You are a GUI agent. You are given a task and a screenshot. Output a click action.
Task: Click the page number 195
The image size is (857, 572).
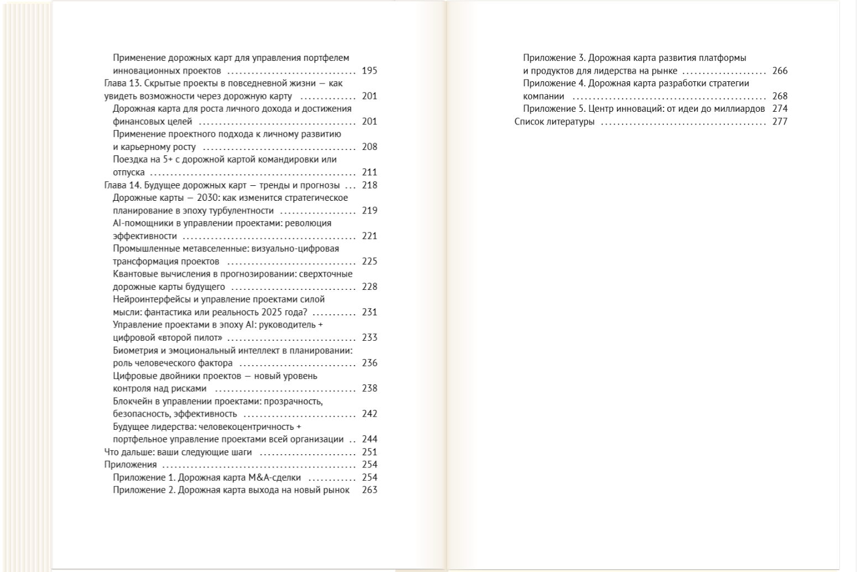tap(369, 71)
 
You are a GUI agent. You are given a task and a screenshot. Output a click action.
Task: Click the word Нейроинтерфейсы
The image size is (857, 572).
tap(147, 300)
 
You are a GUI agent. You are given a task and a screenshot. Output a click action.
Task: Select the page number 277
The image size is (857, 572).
tap(780, 122)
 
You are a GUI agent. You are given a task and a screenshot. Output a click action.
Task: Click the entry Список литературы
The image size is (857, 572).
tap(554, 122)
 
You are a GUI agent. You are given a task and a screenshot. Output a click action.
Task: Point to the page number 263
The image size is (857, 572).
tap(369, 491)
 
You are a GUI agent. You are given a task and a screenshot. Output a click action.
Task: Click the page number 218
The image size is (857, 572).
tap(369, 185)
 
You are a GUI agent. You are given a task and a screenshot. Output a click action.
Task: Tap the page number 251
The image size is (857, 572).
tap(369, 453)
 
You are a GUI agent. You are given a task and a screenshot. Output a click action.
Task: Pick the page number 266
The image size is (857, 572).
tap(780, 71)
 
